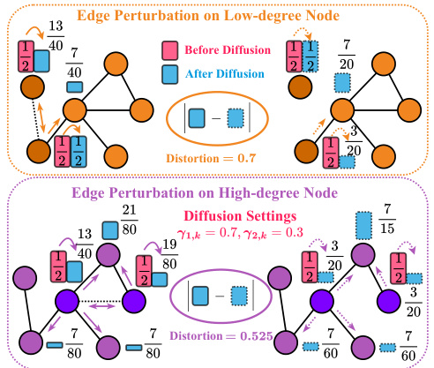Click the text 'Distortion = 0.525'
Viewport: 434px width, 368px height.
214,335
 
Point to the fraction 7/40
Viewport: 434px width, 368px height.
76,68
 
